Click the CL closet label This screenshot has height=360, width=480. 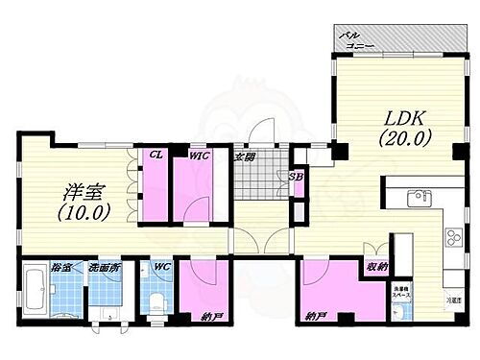pos(152,153)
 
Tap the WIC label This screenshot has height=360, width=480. pos(199,153)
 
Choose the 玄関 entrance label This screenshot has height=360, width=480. pos(245,156)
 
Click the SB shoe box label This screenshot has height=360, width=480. pos(296,176)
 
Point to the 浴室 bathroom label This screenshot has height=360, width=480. pos(33,268)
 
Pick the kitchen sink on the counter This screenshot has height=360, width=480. pos(419,200)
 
